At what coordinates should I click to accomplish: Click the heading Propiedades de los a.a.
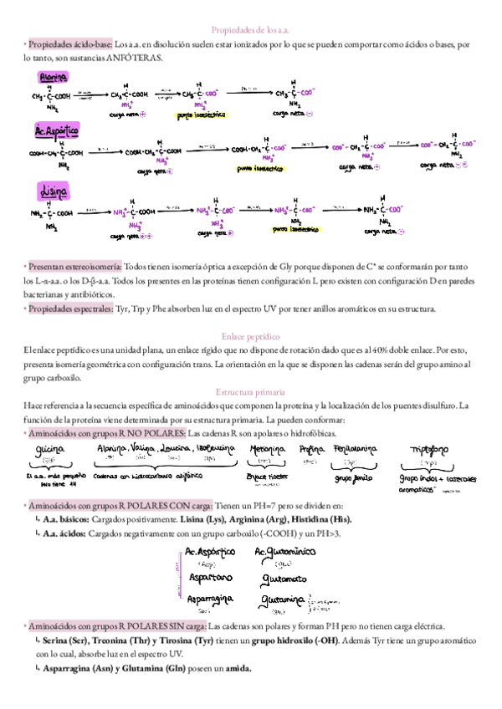pyautogui.click(x=250, y=28)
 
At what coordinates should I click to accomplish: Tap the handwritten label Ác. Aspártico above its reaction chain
pyautogui.click(x=56, y=131)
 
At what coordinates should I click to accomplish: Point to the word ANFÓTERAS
pyautogui.click(x=136, y=58)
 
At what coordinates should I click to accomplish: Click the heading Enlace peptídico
pyautogui.click(x=250, y=335)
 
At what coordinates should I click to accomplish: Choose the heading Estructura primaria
pyautogui.click(x=250, y=391)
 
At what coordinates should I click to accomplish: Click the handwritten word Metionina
pyautogui.click(x=268, y=450)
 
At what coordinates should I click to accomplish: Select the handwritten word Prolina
pyautogui.click(x=311, y=450)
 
